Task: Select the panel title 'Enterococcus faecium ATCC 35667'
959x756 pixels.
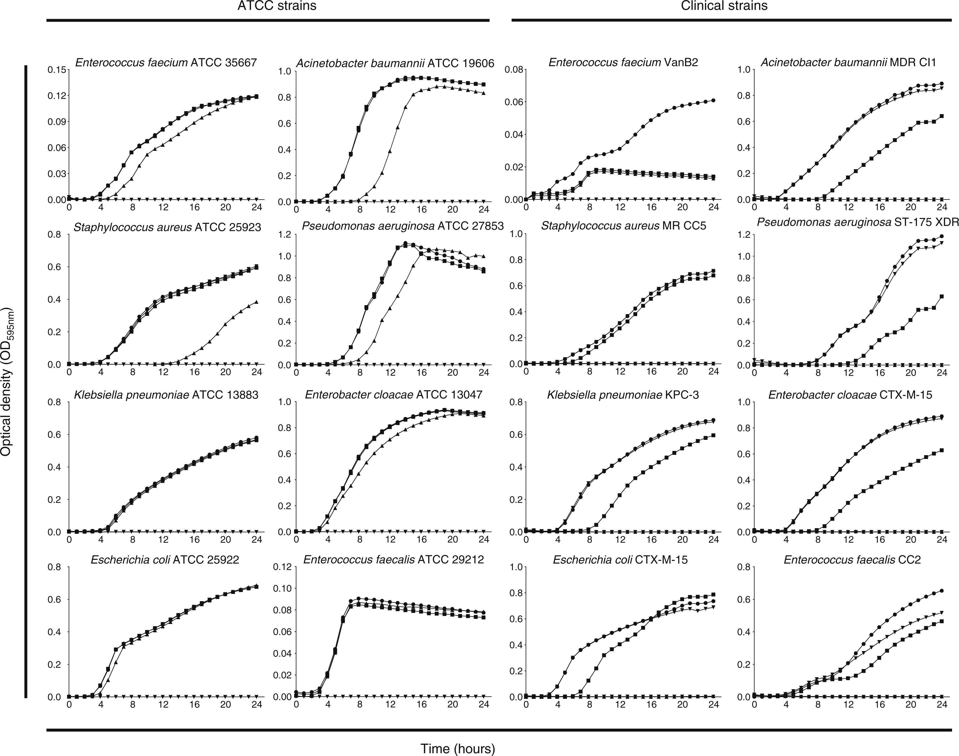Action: tap(166, 63)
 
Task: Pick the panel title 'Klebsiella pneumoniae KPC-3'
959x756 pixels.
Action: tap(623, 395)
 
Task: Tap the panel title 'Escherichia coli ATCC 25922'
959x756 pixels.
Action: tap(165, 560)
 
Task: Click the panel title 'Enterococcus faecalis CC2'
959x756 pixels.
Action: tap(852, 560)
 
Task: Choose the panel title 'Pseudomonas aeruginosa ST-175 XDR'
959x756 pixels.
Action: tap(858, 222)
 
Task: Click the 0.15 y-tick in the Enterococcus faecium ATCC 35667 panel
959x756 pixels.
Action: tap(56, 70)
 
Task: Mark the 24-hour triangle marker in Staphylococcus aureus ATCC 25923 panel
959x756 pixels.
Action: tap(257, 302)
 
